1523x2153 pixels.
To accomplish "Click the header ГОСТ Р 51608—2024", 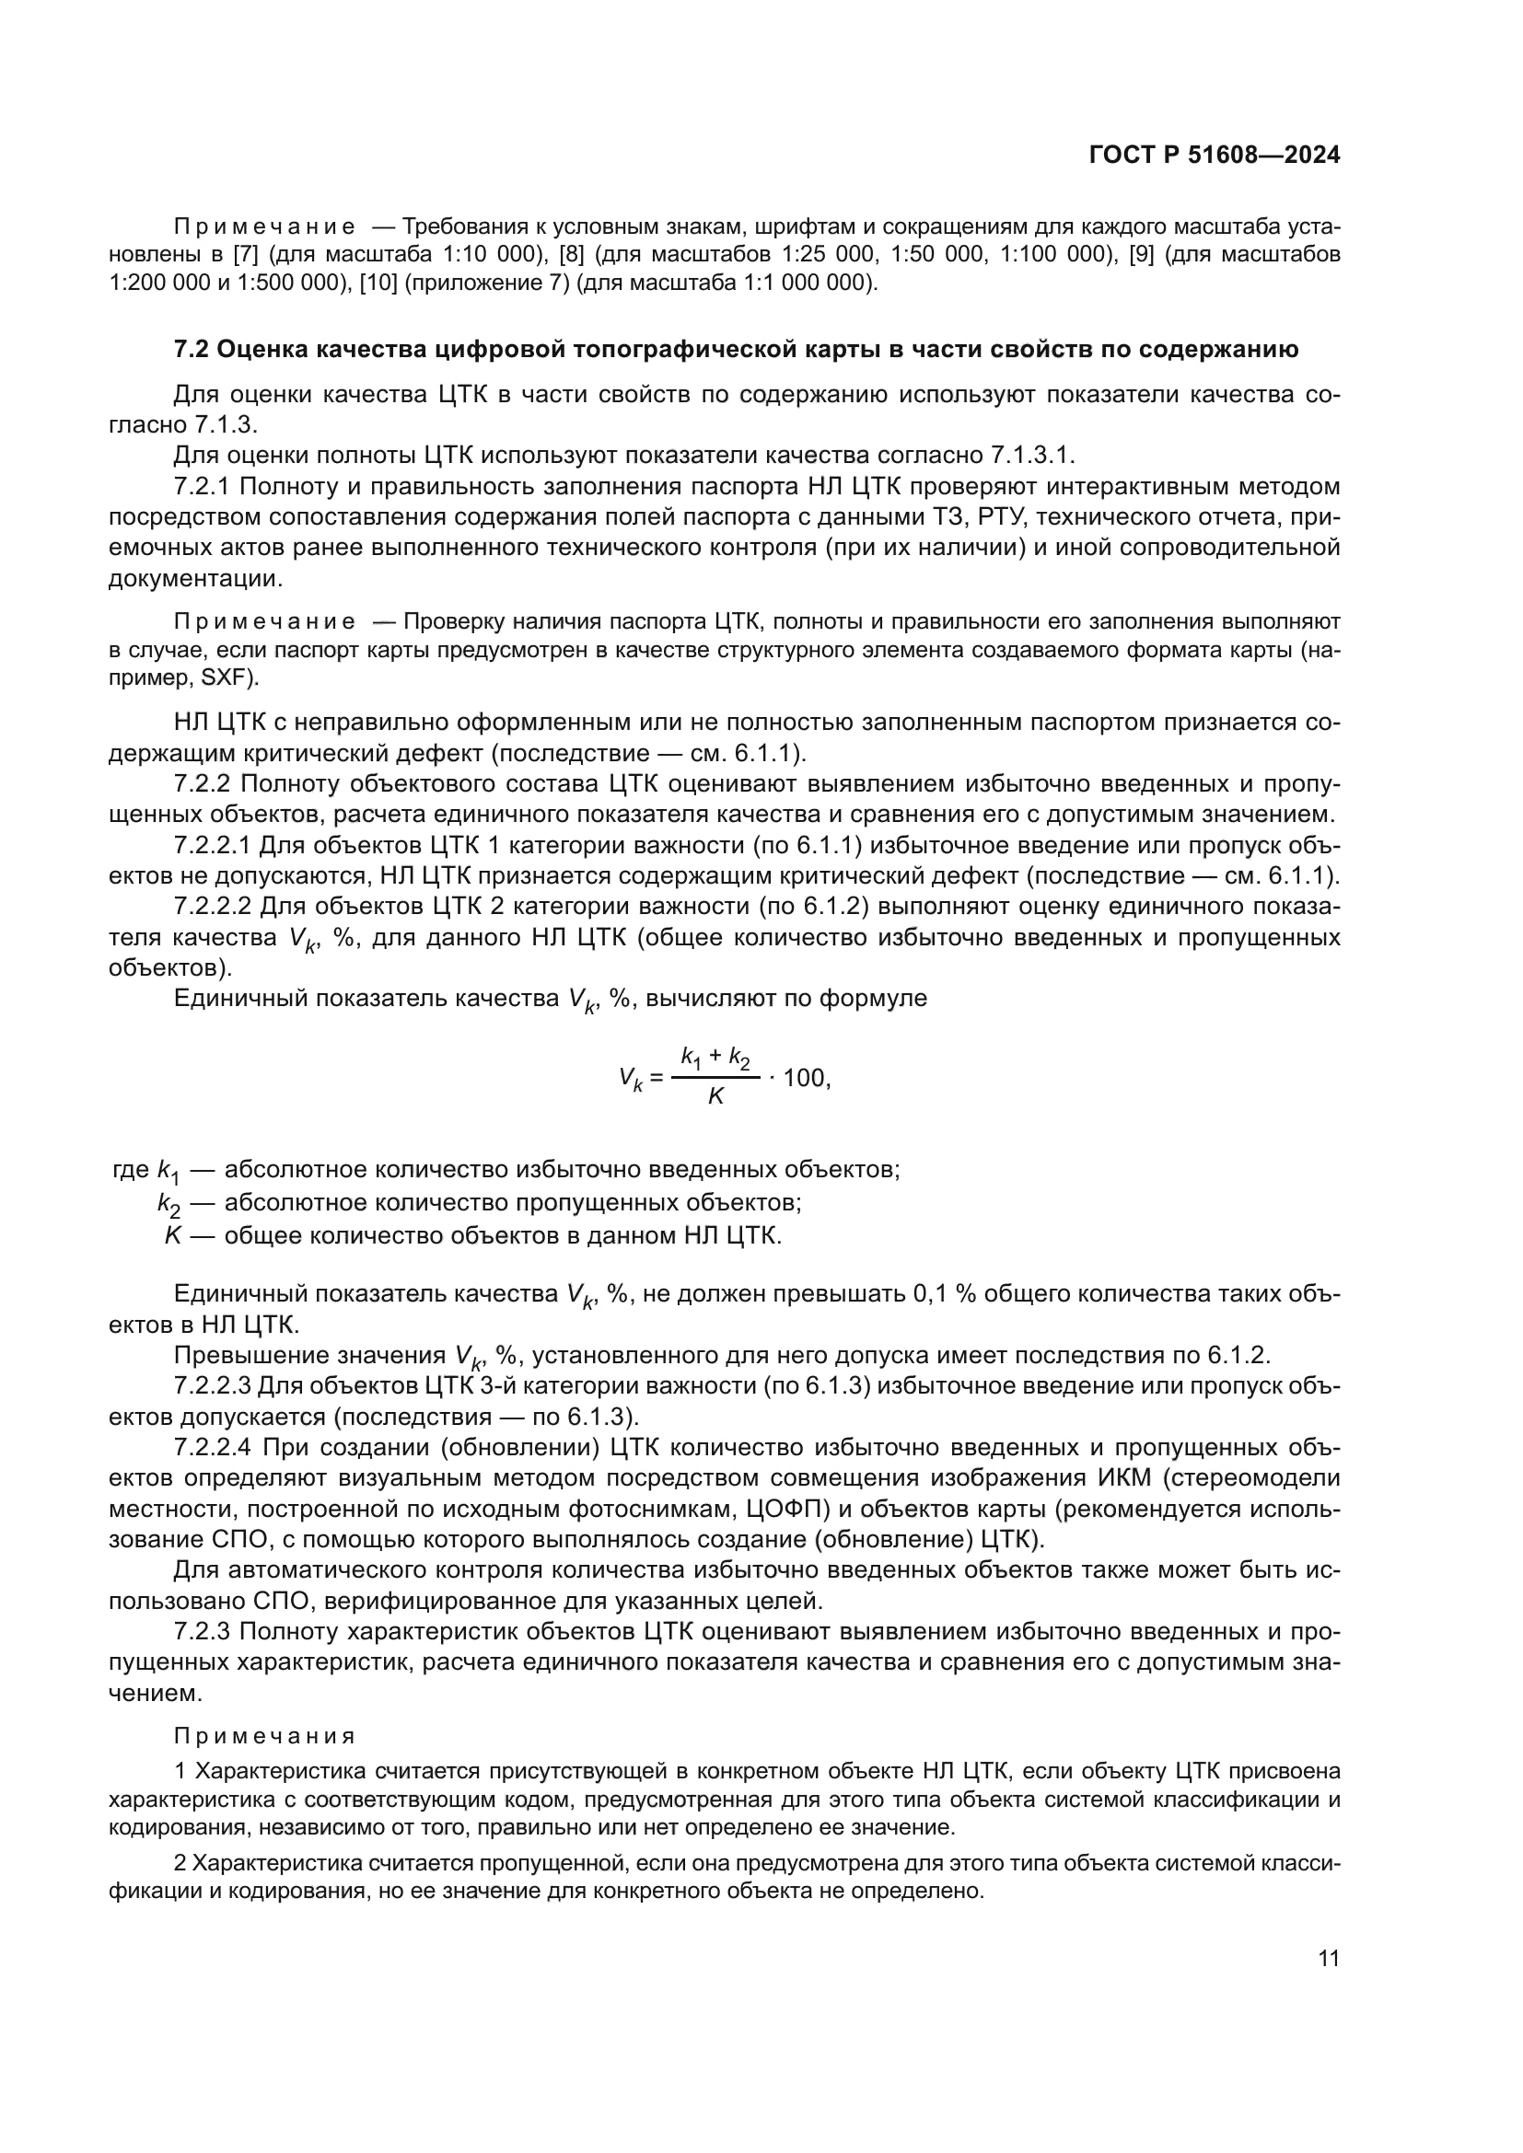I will [x=1215, y=156].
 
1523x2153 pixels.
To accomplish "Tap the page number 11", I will [x=1328, y=1958].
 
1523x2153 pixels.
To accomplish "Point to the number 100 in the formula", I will [x=804, y=1078].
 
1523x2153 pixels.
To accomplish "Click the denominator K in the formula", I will [x=715, y=1096].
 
